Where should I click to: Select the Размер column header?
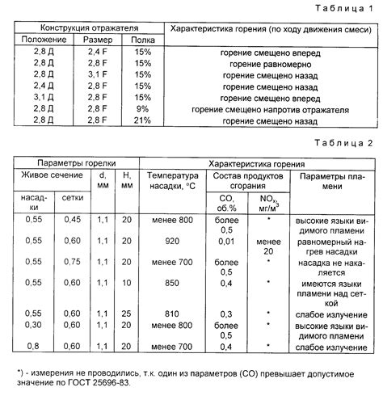(92, 39)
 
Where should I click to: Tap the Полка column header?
(143, 39)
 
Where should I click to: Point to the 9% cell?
(143, 108)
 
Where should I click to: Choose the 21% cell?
(143, 120)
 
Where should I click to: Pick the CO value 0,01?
(225, 240)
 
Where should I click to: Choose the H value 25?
(127, 313)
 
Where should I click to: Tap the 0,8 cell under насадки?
(33, 347)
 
